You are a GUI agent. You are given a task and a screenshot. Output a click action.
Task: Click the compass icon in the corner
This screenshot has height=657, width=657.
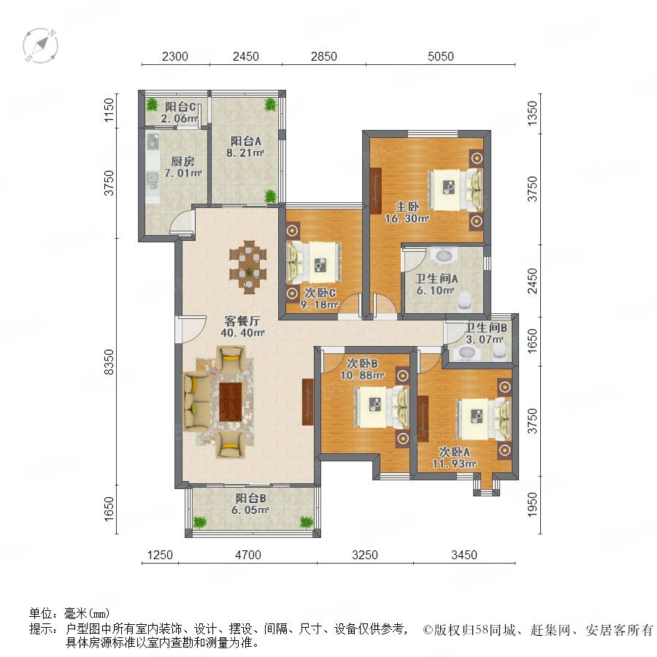tap(41, 46)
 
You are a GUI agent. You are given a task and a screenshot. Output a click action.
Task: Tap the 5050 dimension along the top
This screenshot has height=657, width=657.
tap(440, 56)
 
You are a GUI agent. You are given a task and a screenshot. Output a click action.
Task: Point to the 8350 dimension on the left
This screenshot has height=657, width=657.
tap(109, 362)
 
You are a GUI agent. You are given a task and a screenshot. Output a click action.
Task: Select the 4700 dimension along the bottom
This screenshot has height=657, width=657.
tap(248, 555)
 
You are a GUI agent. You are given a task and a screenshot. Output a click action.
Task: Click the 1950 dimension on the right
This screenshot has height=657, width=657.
tap(531, 504)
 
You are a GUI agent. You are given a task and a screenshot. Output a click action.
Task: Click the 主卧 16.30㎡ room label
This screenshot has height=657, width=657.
tap(407, 212)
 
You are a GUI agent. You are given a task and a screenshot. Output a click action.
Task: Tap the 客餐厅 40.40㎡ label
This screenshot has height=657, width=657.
tap(245, 327)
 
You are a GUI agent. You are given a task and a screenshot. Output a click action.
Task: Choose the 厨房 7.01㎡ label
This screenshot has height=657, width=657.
tap(183, 167)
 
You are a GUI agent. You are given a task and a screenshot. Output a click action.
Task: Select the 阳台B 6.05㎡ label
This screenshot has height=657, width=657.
tap(250, 504)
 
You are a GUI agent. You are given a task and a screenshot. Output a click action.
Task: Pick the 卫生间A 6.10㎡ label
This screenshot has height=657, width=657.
tap(436, 284)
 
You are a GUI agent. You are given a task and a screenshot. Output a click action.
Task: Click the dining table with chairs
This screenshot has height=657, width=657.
tap(248, 267)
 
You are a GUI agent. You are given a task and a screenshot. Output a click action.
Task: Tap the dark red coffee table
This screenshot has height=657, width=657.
tap(231, 401)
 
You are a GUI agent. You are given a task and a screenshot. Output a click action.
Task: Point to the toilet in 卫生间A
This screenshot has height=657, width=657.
tap(464, 301)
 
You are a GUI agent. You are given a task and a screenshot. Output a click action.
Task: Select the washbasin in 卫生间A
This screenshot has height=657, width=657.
tap(442, 255)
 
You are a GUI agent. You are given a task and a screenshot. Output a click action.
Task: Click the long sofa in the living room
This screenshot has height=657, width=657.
tap(196, 401)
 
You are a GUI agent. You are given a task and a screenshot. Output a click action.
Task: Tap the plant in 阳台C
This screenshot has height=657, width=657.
tap(151, 104)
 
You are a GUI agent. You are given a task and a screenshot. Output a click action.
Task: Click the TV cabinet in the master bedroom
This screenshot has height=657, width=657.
tap(376, 190)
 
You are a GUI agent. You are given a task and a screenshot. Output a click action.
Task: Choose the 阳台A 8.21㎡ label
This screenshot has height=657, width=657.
tap(245, 147)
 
